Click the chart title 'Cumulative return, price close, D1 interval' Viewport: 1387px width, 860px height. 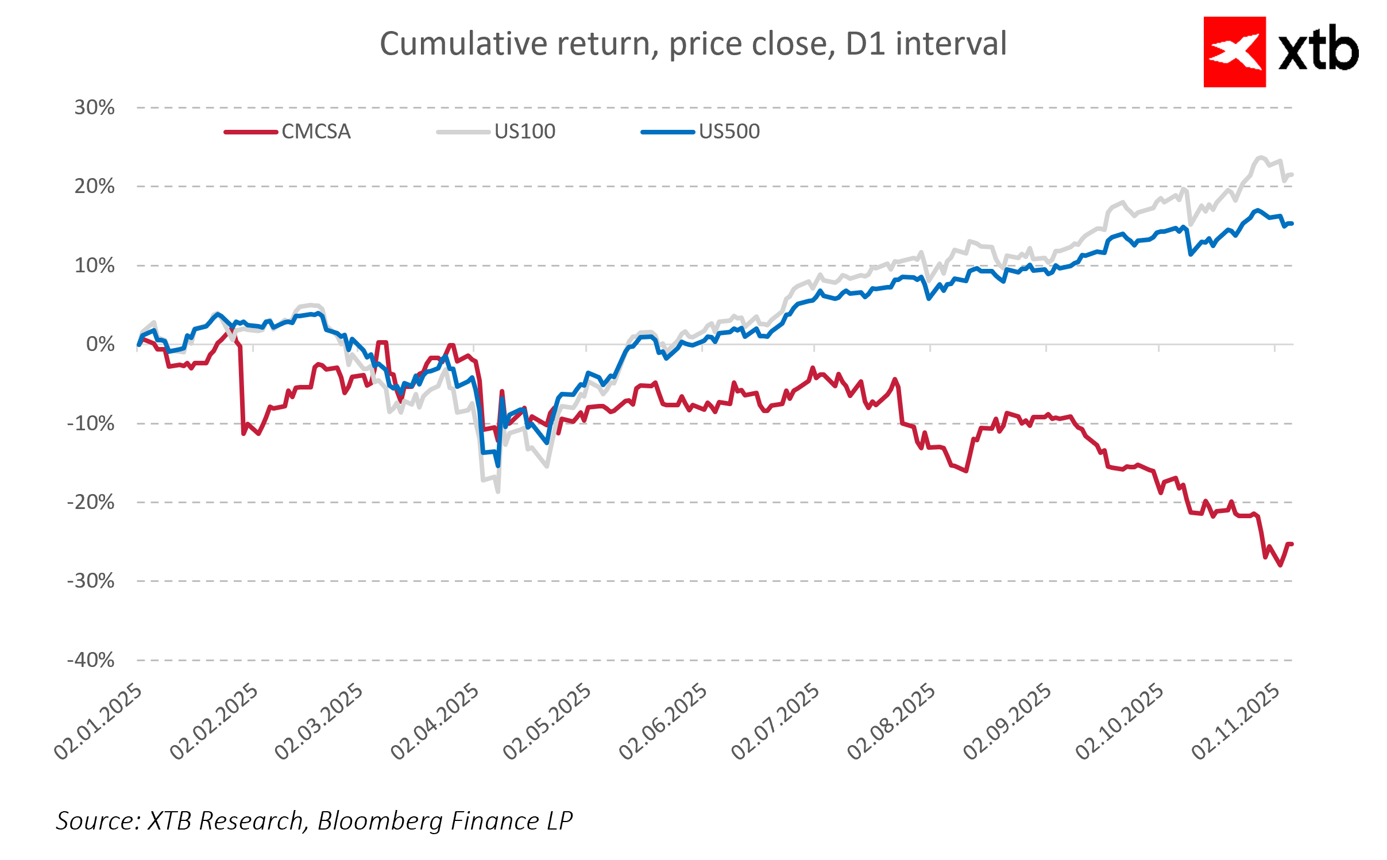pos(693,44)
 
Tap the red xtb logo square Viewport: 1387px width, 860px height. pos(1234,52)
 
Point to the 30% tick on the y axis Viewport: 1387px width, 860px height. pos(95,107)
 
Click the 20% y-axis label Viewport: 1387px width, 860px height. pos(95,186)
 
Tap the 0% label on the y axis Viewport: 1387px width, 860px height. pos(101,344)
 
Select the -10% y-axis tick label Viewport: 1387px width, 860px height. pos(91,423)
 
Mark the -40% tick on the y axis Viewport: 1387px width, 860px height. pos(91,660)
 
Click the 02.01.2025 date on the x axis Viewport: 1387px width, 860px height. pos(98,722)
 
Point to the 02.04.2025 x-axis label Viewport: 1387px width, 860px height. pos(435,722)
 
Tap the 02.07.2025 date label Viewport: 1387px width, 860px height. pos(775,722)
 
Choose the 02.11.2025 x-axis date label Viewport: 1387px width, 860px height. pos(1235,722)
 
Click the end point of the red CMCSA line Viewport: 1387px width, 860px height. pos(1292,543)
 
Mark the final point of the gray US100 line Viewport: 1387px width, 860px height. pos(1292,174)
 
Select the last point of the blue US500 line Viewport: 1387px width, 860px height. pos(1292,223)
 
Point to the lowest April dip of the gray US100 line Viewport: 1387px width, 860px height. pos(497,492)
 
